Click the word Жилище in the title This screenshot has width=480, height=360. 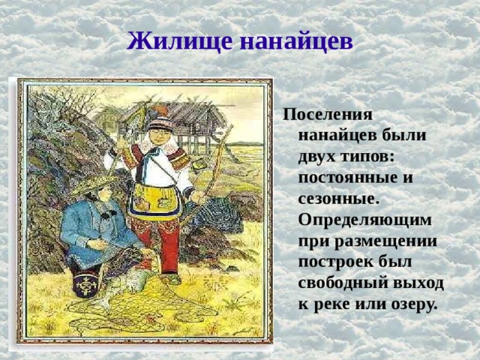[170, 39]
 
